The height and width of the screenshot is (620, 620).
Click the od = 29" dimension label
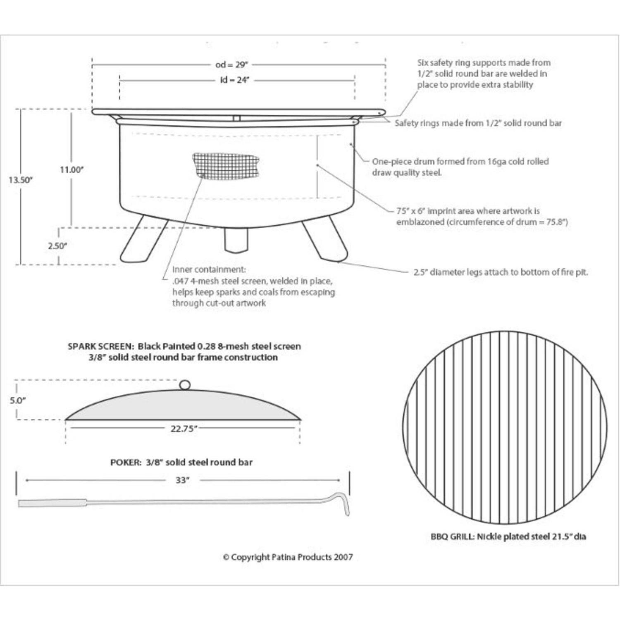[x=231, y=64]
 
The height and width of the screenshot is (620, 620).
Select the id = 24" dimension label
[x=234, y=80]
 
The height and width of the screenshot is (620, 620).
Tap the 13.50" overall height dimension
[x=21, y=180]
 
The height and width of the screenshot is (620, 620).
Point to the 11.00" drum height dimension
[x=72, y=169]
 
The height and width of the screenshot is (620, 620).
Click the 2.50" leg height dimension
[x=57, y=246]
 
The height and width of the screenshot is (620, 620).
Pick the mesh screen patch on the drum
[x=226, y=166]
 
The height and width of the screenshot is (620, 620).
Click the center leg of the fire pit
[x=236, y=240]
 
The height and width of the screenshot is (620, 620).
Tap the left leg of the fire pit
[x=143, y=240]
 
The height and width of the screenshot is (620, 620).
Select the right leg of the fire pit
[x=325, y=240]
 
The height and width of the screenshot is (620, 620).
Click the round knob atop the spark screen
[x=185, y=385]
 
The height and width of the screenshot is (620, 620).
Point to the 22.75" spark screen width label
[x=184, y=429]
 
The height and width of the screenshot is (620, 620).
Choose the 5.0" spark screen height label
[x=18, y=400]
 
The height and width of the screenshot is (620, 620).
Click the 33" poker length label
[x=182, y=480]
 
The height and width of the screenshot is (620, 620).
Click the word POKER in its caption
[x=126, y=462]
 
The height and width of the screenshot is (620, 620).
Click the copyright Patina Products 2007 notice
[x=288, y=557]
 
